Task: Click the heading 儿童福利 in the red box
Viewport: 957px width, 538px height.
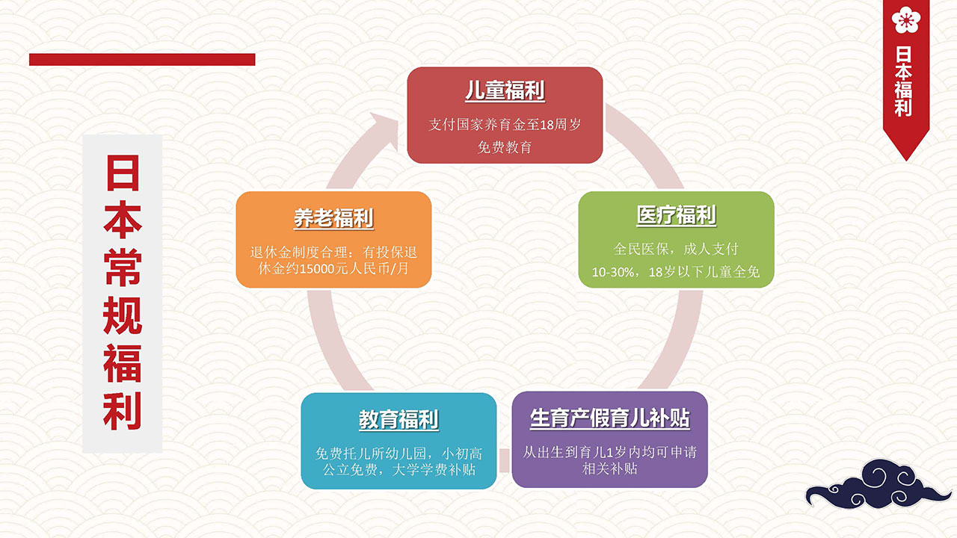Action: coord(505,90)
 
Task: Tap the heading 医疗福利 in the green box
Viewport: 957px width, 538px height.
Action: coord(677,214)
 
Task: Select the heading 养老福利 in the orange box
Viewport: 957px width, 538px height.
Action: coord(333,218)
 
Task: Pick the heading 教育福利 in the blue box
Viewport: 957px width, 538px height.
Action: coord(399,419)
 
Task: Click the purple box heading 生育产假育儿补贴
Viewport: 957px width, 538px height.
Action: coord(610,418)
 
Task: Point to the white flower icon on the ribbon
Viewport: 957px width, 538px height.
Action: coord(906,19)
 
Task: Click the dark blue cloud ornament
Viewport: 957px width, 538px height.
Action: coord(878,485)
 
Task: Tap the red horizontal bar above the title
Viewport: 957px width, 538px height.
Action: coord(142,59)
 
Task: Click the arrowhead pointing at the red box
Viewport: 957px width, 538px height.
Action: coord(385,130)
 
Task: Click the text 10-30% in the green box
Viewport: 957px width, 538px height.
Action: coord(612,272)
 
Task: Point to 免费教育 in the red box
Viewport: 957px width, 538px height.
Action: coord(505,147)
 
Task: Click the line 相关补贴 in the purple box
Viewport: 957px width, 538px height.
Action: coord(609,469)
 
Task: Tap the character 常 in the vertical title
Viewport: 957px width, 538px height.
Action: coord(123,268)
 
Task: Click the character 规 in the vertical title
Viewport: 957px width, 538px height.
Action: coord(123,315)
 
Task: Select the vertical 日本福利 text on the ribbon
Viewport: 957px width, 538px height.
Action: coord(903,81)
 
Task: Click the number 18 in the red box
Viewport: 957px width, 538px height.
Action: coord(547,125)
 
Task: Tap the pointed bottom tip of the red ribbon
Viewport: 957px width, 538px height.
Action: coord(906,161)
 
